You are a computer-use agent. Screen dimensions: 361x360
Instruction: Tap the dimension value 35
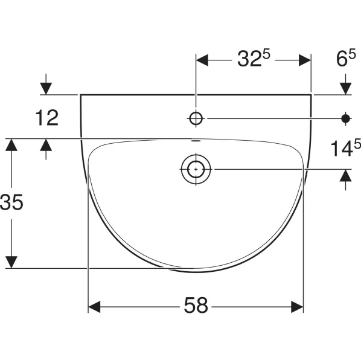(x=11, y=202)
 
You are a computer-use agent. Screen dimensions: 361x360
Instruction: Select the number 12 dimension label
(x=47, y=118)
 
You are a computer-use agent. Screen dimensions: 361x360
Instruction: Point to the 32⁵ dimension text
(x=254, y=59)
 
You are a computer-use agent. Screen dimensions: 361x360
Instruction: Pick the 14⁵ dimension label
(x=345, y=148)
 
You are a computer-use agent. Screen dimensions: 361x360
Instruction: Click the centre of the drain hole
(x=196, y=169)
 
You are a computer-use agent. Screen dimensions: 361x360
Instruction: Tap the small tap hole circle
(x=196, y=119)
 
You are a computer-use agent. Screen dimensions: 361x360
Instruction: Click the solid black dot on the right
(x=345, y=119)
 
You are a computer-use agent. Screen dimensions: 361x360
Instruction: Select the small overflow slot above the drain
(x=196, y=141)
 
